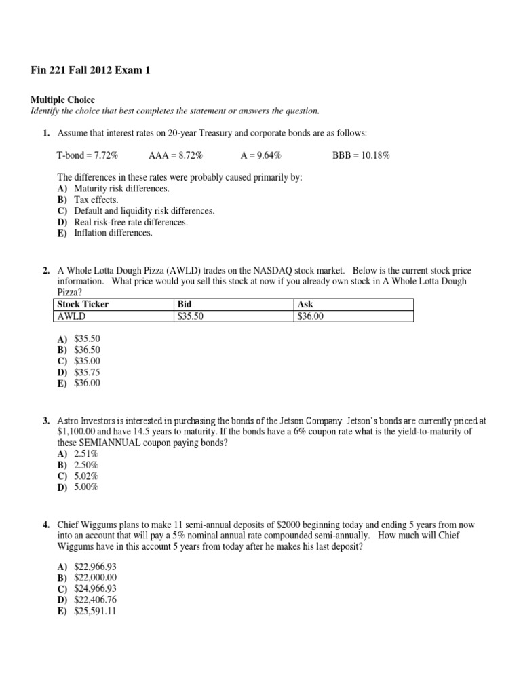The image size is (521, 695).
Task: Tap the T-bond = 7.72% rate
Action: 87,155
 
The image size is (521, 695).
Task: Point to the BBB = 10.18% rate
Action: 361,155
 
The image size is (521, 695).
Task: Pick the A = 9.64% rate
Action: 261,155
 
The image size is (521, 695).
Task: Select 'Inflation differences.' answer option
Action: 113,233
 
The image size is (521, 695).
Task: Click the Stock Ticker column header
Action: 83,305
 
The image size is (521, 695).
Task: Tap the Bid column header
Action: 185,305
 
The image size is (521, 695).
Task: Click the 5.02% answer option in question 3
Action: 85,476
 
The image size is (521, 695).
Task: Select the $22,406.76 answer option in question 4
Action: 95,600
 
